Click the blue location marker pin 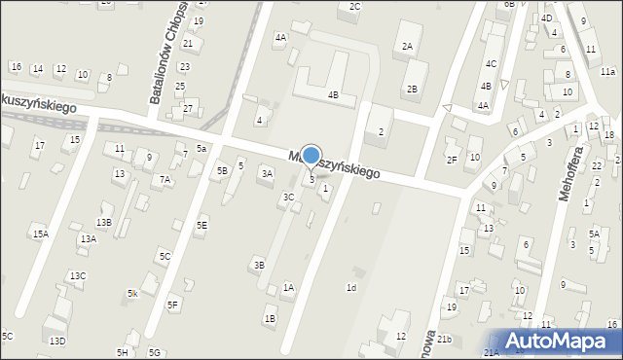tap(311, 157)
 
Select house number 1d tap(351, 287)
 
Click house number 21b tap(444, 339)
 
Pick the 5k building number tap(131, 293)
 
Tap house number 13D tap(57, 341)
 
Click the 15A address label tap(40, 234)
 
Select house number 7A tap(165, 179)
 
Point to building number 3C tap(288, 197)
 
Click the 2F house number tap(451, 160)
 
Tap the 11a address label tap(607, 72)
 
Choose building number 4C tap(492, 64)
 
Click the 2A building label tap(407, 46)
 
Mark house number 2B tap(412, 90)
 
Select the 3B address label tap(258, 265)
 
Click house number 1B tap(270, 318)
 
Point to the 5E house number tap(201, 225)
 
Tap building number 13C tap(77, 276)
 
